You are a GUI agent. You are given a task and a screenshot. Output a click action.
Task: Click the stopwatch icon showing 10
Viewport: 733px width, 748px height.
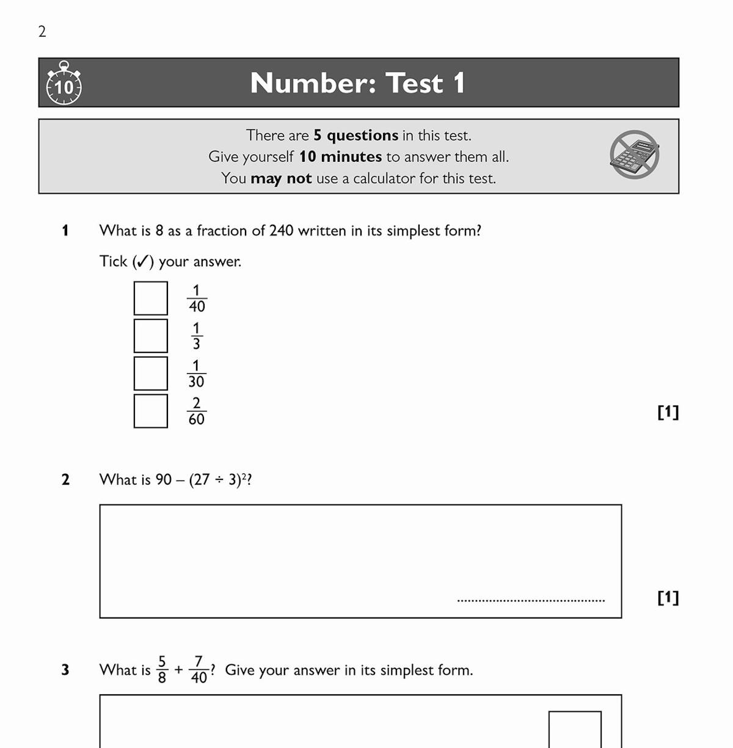[64, 84]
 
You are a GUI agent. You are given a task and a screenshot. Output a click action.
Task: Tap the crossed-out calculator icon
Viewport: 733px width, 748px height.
[635, 154]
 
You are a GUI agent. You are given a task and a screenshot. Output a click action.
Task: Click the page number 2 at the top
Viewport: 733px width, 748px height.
[42, 32]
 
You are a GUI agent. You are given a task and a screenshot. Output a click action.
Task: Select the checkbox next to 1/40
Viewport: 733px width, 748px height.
[150, 298]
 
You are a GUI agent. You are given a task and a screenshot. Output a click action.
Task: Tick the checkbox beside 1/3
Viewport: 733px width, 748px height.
[150, 336]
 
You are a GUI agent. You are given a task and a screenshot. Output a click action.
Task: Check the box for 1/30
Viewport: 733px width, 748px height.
[150, 373]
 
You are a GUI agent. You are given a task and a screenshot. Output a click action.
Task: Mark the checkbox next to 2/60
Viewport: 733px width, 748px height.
[150, 411]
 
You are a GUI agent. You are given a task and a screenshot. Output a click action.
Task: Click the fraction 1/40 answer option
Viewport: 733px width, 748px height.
[197, 298]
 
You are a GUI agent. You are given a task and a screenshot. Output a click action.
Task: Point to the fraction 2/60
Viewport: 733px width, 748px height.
[196, 411]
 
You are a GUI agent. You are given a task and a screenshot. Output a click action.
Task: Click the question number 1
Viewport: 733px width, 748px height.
[65, 231]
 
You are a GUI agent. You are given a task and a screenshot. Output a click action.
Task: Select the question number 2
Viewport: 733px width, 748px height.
[65, 480]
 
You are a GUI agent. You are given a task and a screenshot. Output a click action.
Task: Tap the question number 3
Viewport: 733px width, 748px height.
[65, 670]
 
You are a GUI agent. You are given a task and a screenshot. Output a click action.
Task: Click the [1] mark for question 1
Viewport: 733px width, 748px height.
[668, 412]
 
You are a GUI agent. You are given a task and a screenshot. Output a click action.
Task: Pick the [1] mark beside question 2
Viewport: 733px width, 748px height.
[668, 597]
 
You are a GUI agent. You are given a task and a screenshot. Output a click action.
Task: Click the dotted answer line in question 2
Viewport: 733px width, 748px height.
[531, 601]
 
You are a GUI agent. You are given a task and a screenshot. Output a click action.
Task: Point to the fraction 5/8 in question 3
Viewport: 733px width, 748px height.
[162, 670]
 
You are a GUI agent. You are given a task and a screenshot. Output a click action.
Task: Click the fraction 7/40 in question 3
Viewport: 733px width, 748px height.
[199, 670]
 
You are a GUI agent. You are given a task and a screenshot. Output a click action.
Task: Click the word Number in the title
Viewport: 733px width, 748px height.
[312, 83]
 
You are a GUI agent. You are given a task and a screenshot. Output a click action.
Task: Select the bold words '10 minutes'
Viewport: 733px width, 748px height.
[340, 157]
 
